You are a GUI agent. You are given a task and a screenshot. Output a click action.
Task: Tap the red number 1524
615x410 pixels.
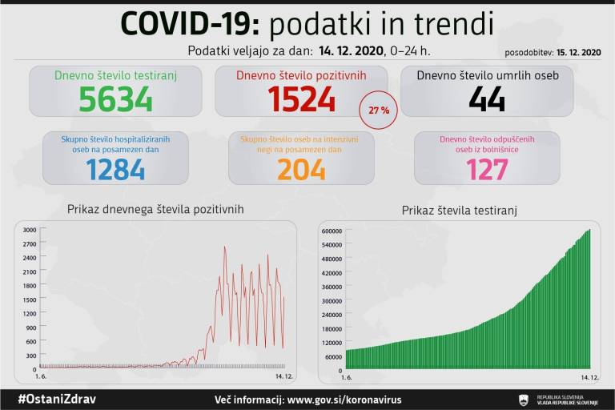point(301,99)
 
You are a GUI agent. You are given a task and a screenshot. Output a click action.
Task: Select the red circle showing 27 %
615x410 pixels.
point(380,111)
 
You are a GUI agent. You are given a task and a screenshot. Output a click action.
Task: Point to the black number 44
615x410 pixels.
point(487,99)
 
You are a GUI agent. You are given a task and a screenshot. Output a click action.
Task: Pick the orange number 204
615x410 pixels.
point(301,168)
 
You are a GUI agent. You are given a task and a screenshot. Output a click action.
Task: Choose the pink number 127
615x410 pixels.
point(487,168)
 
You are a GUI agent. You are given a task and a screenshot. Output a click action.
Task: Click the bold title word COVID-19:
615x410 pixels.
point(190,24)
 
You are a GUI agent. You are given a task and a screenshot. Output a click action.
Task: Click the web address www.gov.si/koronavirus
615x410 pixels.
point(344,399)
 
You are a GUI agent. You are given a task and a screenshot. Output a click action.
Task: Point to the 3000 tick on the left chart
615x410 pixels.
point(29,231)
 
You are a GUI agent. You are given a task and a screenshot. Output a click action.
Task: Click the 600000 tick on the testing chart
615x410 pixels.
point(332,231)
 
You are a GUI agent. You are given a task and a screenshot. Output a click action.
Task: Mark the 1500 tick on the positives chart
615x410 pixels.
point(29,299)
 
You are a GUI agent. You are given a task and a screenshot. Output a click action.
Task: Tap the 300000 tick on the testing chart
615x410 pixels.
point(332,300)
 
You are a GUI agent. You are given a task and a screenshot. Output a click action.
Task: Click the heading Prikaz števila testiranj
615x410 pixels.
point(460,211)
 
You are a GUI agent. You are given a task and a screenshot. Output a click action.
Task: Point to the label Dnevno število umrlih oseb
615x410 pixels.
point(487,75)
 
